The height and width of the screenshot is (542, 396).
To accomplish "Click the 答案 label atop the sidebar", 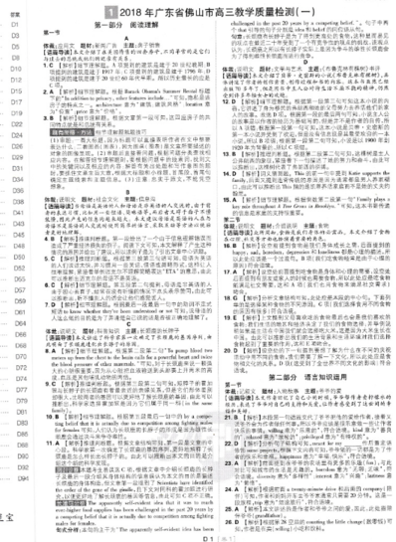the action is click(15, 7).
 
